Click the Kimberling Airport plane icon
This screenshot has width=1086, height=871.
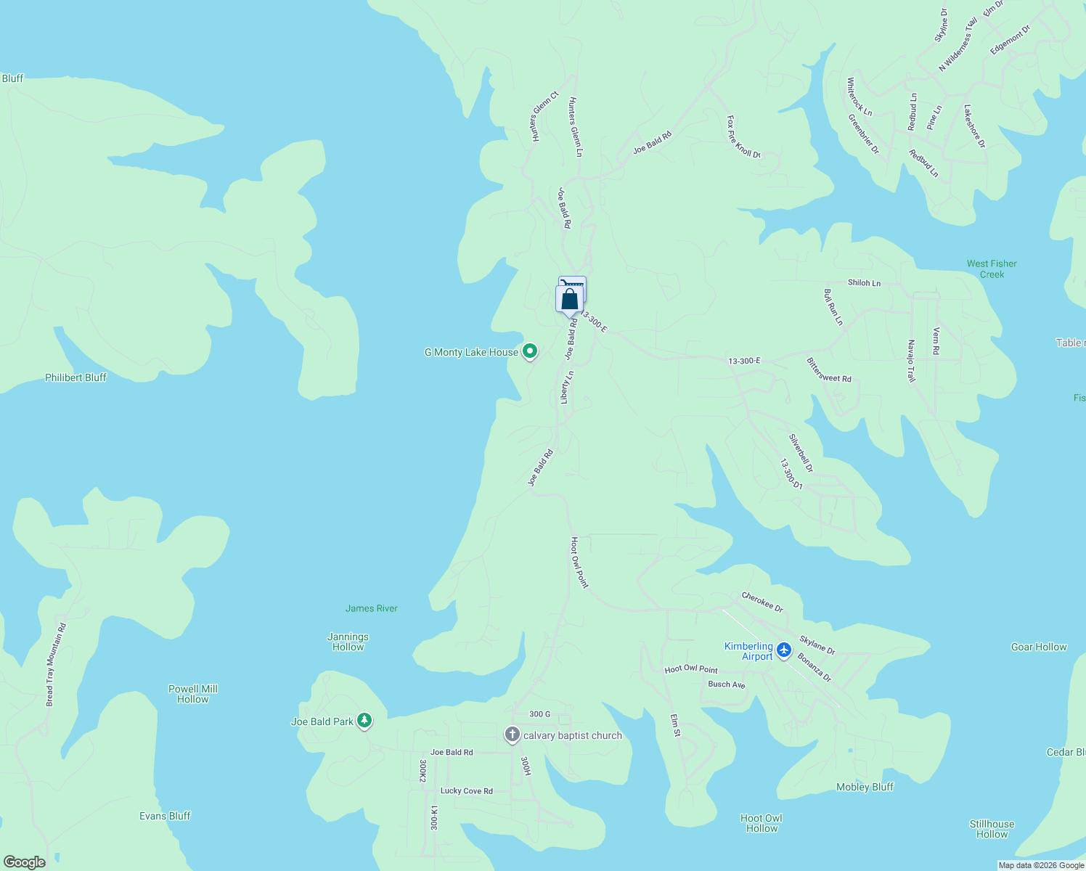pyautogui.click(x=783, y=650)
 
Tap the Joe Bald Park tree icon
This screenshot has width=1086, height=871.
pyautogui.click(x=364, y=721)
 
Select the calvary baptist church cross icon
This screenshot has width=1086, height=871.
pyautogui.click(x=513, y=735)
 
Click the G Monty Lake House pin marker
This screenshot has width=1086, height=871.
pyautogui.click(x=530, y=351)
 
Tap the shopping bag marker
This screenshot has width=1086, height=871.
pyautogui.click(x=569, y=299)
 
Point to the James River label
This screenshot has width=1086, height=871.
pyautogui.click(x=372, y=608)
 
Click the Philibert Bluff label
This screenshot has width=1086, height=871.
pyautogui.click(x=75, y=377)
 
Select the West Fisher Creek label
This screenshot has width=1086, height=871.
pyautogui.click(x=992, y=269)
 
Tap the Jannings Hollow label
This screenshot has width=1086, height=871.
pyautogui.click(x=348, y=642)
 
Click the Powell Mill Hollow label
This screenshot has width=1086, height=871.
pyautogui.click(x=193, y=694)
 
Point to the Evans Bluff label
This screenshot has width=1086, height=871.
pyautogui.click(x=165, y=816)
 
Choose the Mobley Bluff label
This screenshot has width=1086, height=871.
pyautogui.click(x=865, y=787)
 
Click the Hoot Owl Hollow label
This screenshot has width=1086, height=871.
pyautogui.click(x=762, y=823)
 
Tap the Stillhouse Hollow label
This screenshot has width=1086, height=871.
pyautogui.click(x=992, y=829)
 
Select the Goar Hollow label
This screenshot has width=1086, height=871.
pyautogui.click(x=1039, y=647)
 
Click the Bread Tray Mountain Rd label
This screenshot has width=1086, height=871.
pyautogui.click(x=56, y=664)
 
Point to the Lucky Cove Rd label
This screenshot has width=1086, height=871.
pyautogui.click(x=466, y=790)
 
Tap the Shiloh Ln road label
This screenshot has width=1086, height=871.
pyautogui.click(x=864, y=282)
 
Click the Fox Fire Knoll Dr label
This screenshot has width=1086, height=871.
pyautogui.click(x=743, y=136)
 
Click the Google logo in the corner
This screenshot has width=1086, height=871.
pyautogui.click(x=24, y=862)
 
